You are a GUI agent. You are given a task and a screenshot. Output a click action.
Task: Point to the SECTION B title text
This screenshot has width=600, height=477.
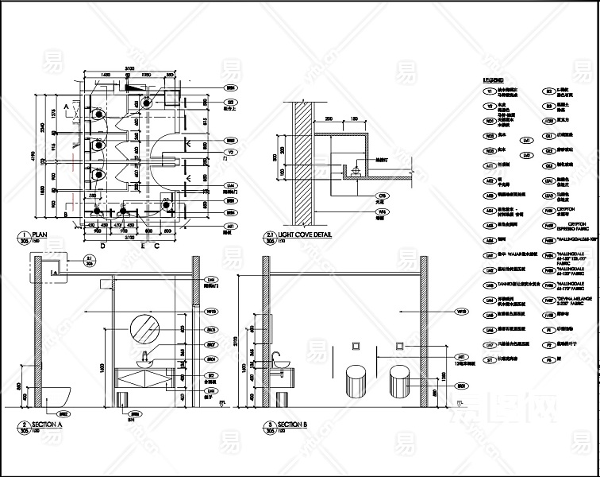tap(291, 425)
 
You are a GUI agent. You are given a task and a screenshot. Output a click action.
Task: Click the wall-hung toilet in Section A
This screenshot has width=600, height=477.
tap(56, 394)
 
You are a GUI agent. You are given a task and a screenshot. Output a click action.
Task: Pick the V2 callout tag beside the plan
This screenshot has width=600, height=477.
tap(232, 151)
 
